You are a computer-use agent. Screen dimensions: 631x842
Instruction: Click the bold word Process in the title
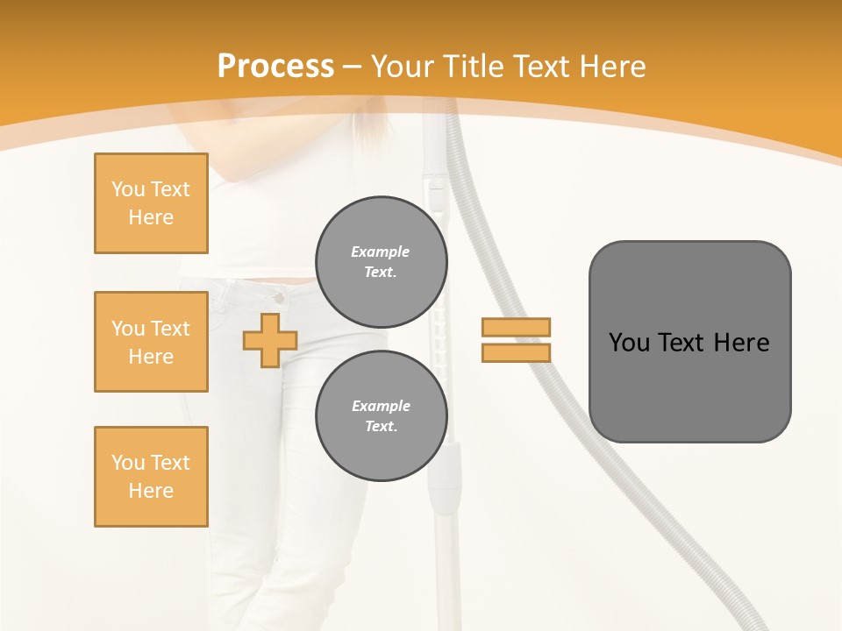[275, 67]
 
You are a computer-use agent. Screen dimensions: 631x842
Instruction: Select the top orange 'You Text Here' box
[151, 203]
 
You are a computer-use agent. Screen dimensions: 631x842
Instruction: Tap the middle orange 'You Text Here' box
[151, 342]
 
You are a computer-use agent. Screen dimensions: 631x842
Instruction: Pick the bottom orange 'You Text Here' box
[151, 477]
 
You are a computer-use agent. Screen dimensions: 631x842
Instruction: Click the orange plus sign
[270, 340]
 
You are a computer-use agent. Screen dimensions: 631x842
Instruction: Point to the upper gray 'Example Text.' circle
[382, 262]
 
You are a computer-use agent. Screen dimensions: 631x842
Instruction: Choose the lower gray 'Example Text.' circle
[382, 416]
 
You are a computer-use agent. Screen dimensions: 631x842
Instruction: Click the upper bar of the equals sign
[516, 327]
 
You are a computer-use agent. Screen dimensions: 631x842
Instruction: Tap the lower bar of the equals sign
[516, 352]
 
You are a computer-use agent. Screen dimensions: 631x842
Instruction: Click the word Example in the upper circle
[381, 252]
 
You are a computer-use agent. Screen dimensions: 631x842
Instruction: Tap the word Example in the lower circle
[381, 406]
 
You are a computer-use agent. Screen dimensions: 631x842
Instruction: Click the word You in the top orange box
[128, 189]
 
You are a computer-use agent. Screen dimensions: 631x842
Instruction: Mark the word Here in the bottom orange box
[151, 491]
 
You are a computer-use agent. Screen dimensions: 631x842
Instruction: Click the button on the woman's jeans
[279, 299]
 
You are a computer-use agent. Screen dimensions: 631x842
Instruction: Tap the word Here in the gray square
[741, 343]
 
